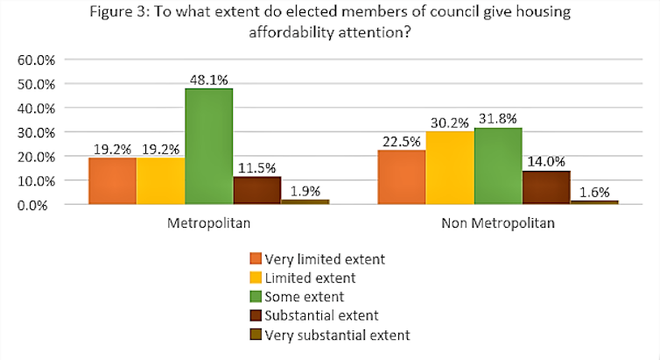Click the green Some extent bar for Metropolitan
point(208,146)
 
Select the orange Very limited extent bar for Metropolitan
point(112,181)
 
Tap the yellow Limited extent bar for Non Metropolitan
point(449,168)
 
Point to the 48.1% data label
point(208,78)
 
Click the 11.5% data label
point(256,166)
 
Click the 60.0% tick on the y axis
point(36,60)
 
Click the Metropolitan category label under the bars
point(208,223)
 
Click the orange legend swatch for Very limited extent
point(255,258)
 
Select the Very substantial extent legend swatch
point(255,335)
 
